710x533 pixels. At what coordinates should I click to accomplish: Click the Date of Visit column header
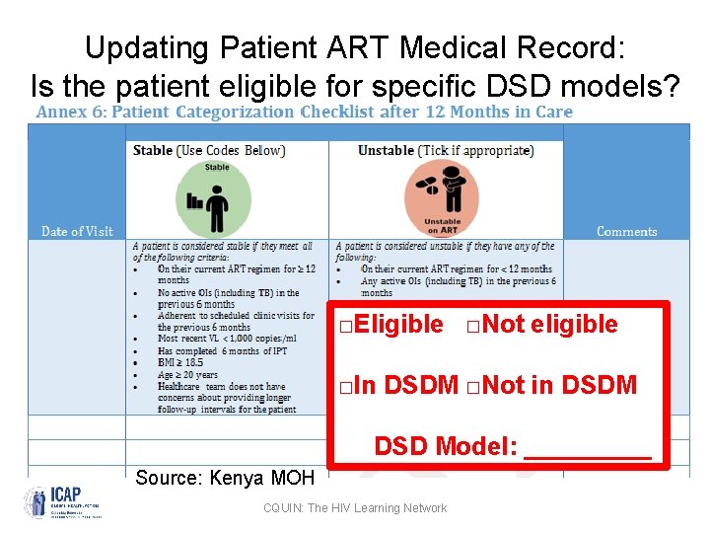tap(77, 231)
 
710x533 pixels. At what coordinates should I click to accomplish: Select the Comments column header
tap(626, 231)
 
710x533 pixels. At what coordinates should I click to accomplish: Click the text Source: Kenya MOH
tap(224, 478)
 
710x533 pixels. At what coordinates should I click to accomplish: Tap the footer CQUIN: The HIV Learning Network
tap(354, 508)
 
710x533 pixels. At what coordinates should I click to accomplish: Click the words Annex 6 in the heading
tap(70, 112)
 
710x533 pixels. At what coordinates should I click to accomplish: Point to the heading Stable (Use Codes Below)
tap(209, 151)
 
